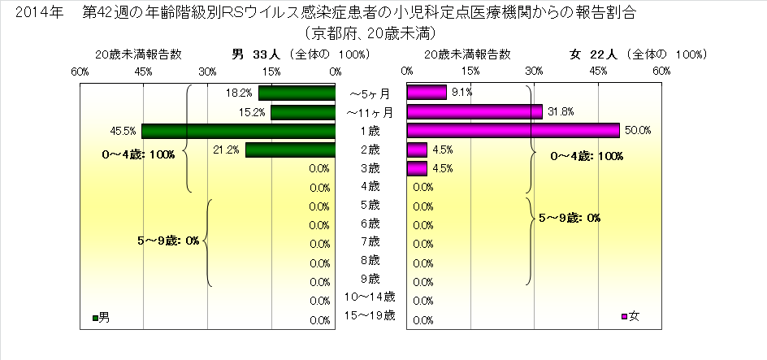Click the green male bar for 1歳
238,131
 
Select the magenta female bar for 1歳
513,131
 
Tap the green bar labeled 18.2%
297,93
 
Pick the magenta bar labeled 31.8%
474,111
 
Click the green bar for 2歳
290,150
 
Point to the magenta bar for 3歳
417,169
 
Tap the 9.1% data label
461,93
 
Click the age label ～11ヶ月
370,111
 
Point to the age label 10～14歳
370,297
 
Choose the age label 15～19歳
370,315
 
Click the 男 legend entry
101,317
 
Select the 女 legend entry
630,316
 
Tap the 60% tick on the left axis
80,72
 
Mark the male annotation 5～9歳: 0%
169,241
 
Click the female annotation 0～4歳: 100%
586,156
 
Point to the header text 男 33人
257,55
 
